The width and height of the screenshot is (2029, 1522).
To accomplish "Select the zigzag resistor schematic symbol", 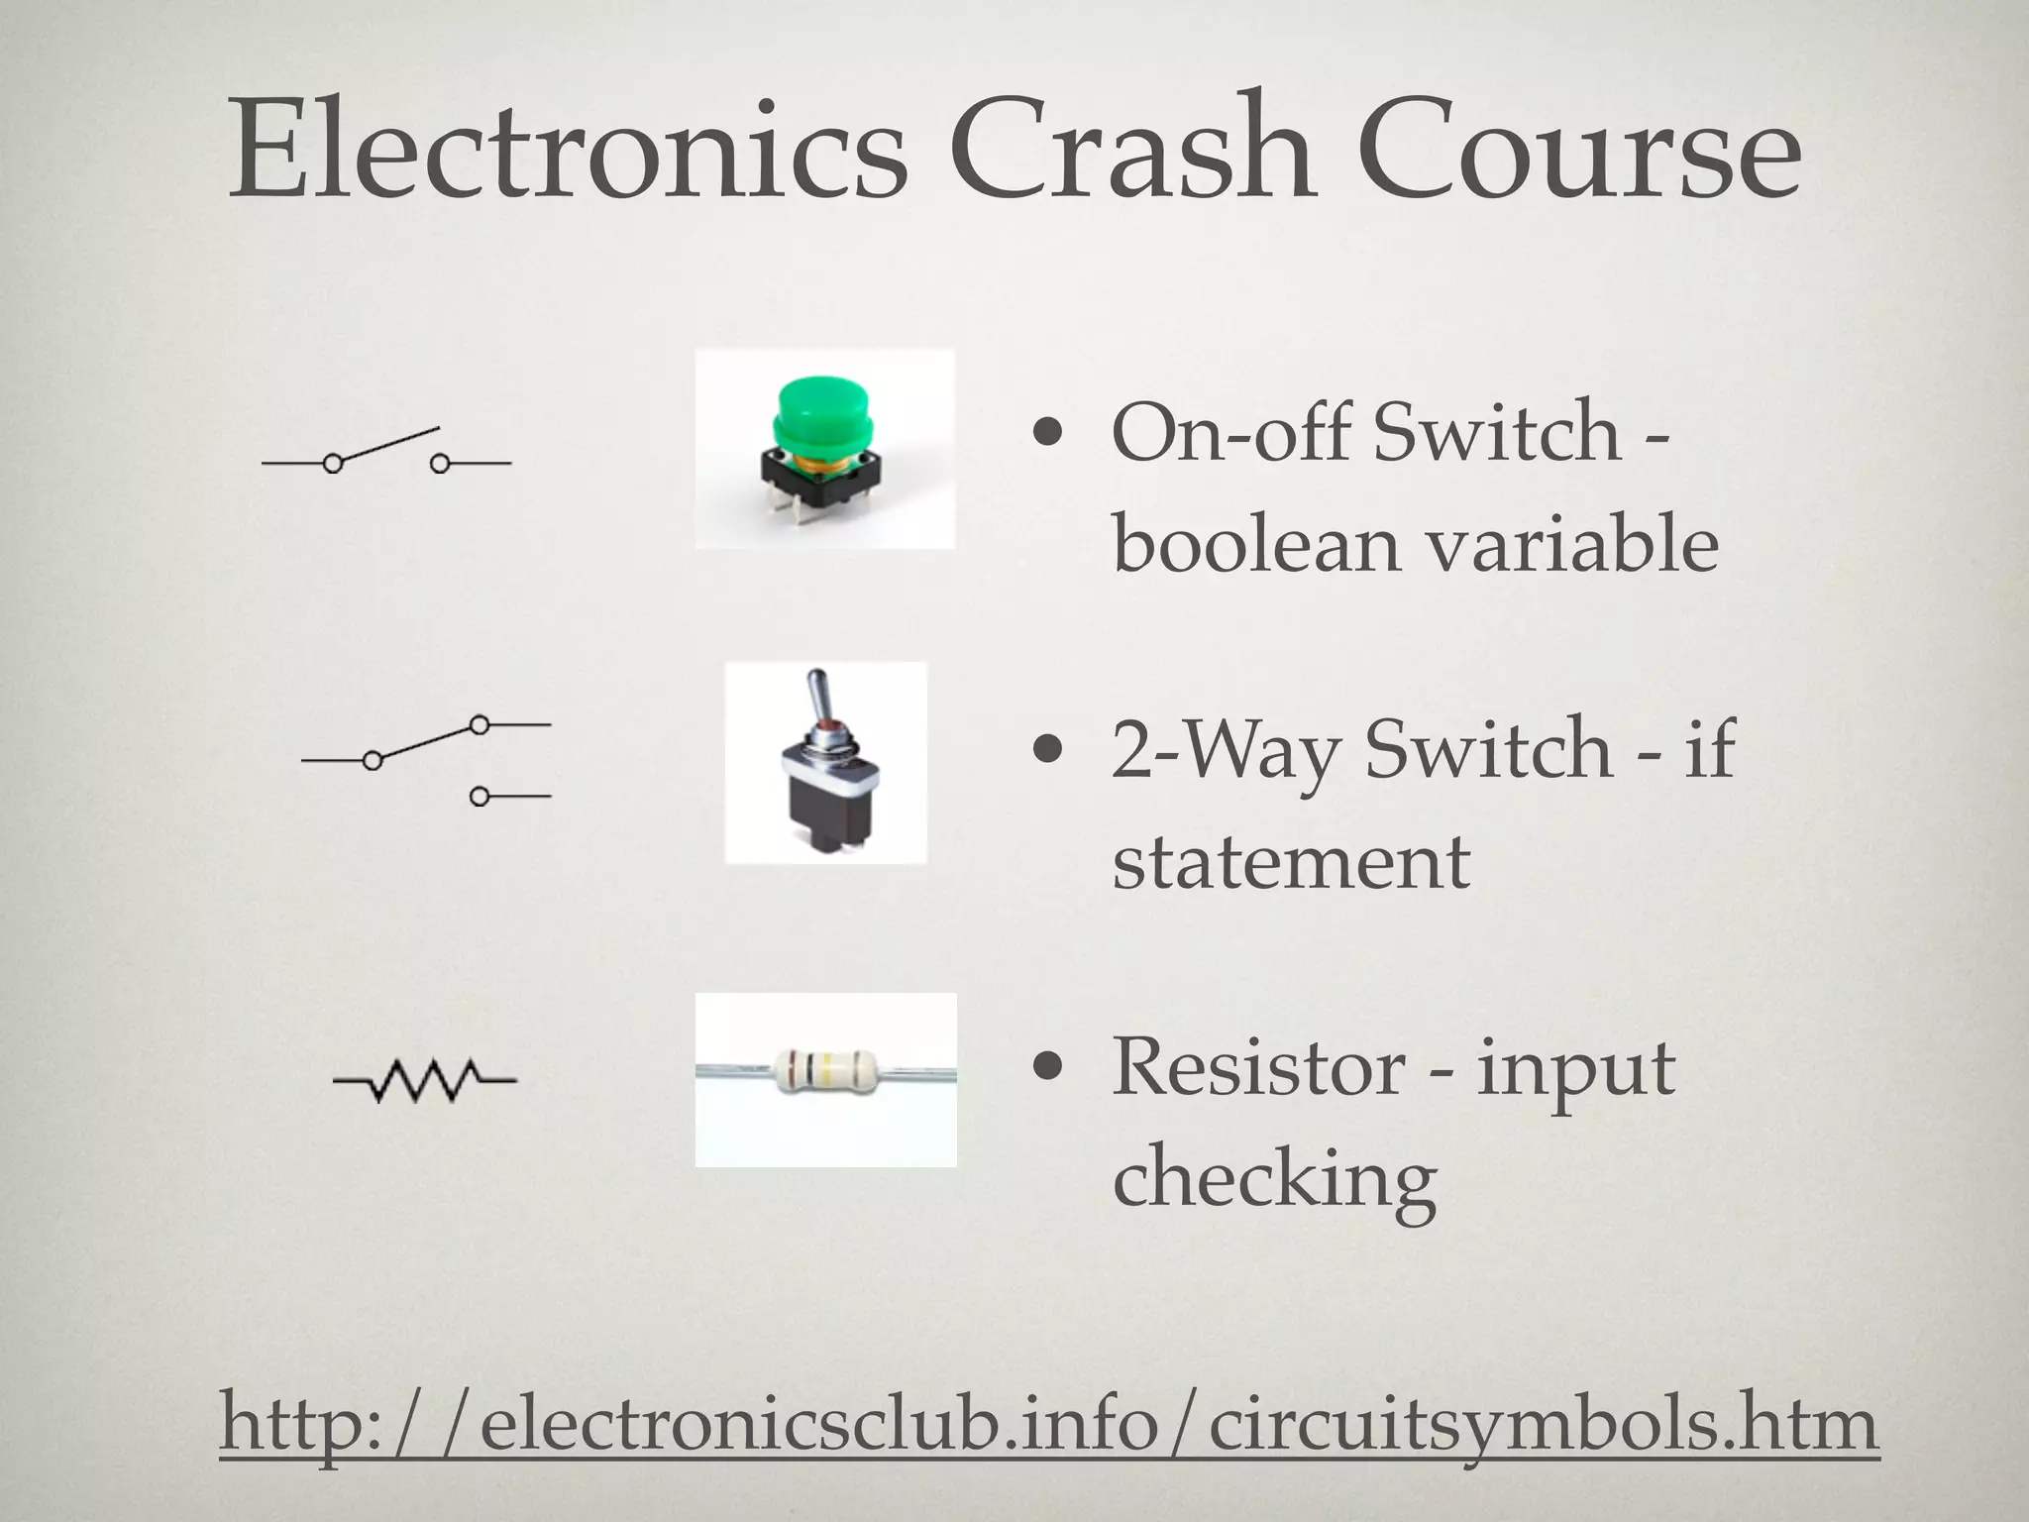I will pyautogui.click(x=425, y=1079).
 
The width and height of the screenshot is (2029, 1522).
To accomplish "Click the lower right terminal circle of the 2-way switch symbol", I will pyautogui.click(x=480, y=796).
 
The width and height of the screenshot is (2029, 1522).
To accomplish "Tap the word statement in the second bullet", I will pyautogui.click(x=1290, y=861).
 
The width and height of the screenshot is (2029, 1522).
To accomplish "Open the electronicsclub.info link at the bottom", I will pyautogui.click(x=1048, y=1424).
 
